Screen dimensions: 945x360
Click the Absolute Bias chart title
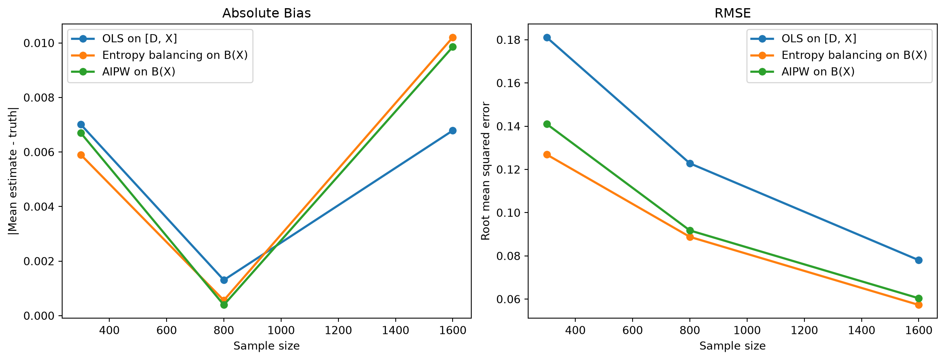tap(267, 13)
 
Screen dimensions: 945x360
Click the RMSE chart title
tap(733, 13)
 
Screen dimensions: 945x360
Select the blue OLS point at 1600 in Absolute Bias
tap(453, 130)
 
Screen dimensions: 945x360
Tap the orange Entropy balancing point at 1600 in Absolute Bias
tap(453, 37)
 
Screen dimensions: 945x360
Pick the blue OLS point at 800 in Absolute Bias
tap(224, 280)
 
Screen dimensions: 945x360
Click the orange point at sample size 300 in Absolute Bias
tap(81, 155)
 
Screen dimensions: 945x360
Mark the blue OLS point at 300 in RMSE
tap(547, 38)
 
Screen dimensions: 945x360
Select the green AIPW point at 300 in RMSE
tap(547, 124)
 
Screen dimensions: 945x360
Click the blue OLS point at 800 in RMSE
tap(690, 163)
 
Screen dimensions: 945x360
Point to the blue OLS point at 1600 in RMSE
tap(919, 260)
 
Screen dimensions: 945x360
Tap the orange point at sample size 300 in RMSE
tap(547, 154)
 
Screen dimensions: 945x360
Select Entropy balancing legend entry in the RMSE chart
tap(839, 55)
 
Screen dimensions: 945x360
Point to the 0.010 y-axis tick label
tap(40, 43)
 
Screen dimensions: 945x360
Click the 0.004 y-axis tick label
tap(40, 207)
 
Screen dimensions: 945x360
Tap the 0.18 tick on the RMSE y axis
tap(510, 40)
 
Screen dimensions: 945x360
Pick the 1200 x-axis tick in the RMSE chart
tap(804, 330)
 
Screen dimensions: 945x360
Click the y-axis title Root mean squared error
tap(486, 171)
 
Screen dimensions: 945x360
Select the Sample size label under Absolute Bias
tap(267, 346)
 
